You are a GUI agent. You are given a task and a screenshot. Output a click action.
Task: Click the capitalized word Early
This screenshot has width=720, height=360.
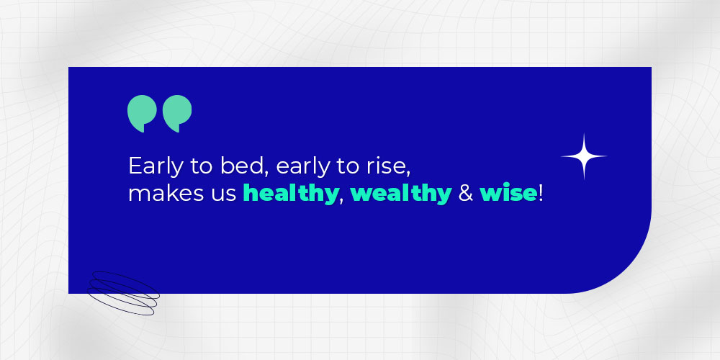click(x=154, y=167)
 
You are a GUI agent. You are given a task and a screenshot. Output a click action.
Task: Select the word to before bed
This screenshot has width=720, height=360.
click(x=202, y=167)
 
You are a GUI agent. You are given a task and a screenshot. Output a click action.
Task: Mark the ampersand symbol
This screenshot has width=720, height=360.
click(x=466, y=194)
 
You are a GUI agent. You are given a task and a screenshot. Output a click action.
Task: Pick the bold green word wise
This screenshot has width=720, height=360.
click(x=508, y=194)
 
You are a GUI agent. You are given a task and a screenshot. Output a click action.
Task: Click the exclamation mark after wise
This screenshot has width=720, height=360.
click(x=541, y=193)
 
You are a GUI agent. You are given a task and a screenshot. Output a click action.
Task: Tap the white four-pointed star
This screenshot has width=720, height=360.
click(x=584, y=156)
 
